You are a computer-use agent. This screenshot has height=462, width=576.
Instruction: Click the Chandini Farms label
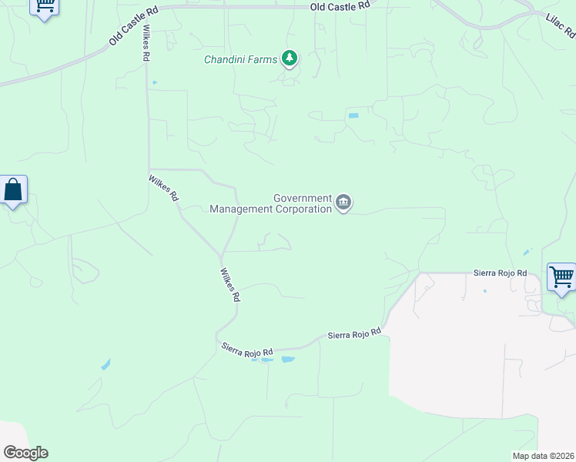[240, 59]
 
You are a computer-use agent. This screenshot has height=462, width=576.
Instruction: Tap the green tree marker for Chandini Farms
[290, 58]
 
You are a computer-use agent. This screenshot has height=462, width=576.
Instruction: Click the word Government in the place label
[303, 198]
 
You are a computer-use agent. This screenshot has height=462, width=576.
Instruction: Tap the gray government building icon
[343, 203]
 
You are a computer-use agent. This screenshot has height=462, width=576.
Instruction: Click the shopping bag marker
[13, 189]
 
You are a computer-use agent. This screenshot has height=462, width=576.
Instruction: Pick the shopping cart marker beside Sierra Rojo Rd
[561, 276]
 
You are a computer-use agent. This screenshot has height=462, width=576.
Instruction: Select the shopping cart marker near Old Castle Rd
[45, 6]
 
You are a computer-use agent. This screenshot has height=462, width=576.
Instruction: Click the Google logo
[25, 453]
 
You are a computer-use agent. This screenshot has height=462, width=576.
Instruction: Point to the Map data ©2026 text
[543, 456]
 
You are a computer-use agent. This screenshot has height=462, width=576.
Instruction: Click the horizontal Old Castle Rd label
[340, 5]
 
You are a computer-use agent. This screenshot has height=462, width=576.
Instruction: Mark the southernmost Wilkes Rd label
[230, 285]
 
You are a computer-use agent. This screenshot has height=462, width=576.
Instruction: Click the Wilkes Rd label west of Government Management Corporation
[163, 188]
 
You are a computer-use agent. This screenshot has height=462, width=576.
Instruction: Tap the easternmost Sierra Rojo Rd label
[500, 273]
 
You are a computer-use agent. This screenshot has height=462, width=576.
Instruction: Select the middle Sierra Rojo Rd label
[354, 334]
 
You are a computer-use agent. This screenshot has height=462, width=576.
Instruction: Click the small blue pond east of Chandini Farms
[353, 115]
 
